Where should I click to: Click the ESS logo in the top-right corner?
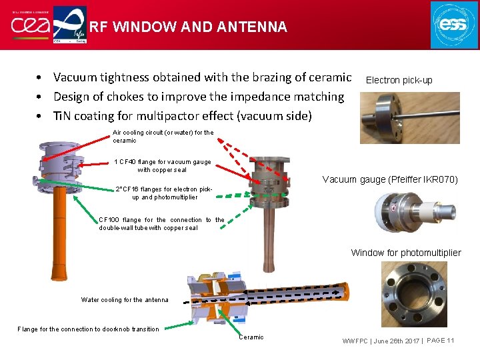454,25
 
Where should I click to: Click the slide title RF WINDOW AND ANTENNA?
188,27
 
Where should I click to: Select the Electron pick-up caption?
399,80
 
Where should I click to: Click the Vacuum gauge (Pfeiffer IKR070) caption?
390,179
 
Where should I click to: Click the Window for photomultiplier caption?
405,253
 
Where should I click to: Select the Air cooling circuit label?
163,137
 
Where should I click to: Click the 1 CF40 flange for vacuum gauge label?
163,165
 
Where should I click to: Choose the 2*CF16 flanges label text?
164,193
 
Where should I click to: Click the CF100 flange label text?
161,223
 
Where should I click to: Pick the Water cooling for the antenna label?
125,300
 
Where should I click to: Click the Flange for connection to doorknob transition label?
88,329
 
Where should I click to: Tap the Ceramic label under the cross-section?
251,337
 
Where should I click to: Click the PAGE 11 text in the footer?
440,341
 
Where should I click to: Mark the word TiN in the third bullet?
65,116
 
